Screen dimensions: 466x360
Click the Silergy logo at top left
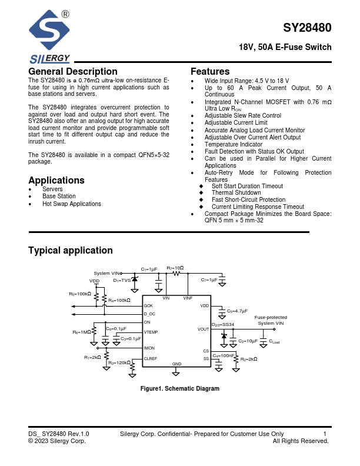[51, 37]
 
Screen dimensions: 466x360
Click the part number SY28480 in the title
[307, 28]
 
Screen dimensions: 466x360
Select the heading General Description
[73, 72]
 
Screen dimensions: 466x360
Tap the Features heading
[210, 72]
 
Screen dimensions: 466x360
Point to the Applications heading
[56, 181]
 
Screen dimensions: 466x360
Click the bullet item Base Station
[59, 197]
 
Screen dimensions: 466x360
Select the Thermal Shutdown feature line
[236, 193]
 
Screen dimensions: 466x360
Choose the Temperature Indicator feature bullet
[234, 144]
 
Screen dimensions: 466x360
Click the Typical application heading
[71, 251]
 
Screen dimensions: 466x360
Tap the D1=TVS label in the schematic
[122, 281]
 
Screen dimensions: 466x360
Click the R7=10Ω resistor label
[175, 268]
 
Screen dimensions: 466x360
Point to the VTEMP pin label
[151, 333]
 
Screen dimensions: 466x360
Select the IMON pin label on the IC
[149, 348]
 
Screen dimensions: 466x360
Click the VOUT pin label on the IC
[203, 329]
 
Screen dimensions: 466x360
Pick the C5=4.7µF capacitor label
[238, 310]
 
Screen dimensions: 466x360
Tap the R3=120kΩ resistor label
[119, 363]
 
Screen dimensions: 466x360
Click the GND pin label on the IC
[176, 365]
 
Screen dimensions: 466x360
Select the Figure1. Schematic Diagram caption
[179, 389]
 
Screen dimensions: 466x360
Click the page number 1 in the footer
[325, 434]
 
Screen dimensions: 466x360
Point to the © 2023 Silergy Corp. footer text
[57, 441]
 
